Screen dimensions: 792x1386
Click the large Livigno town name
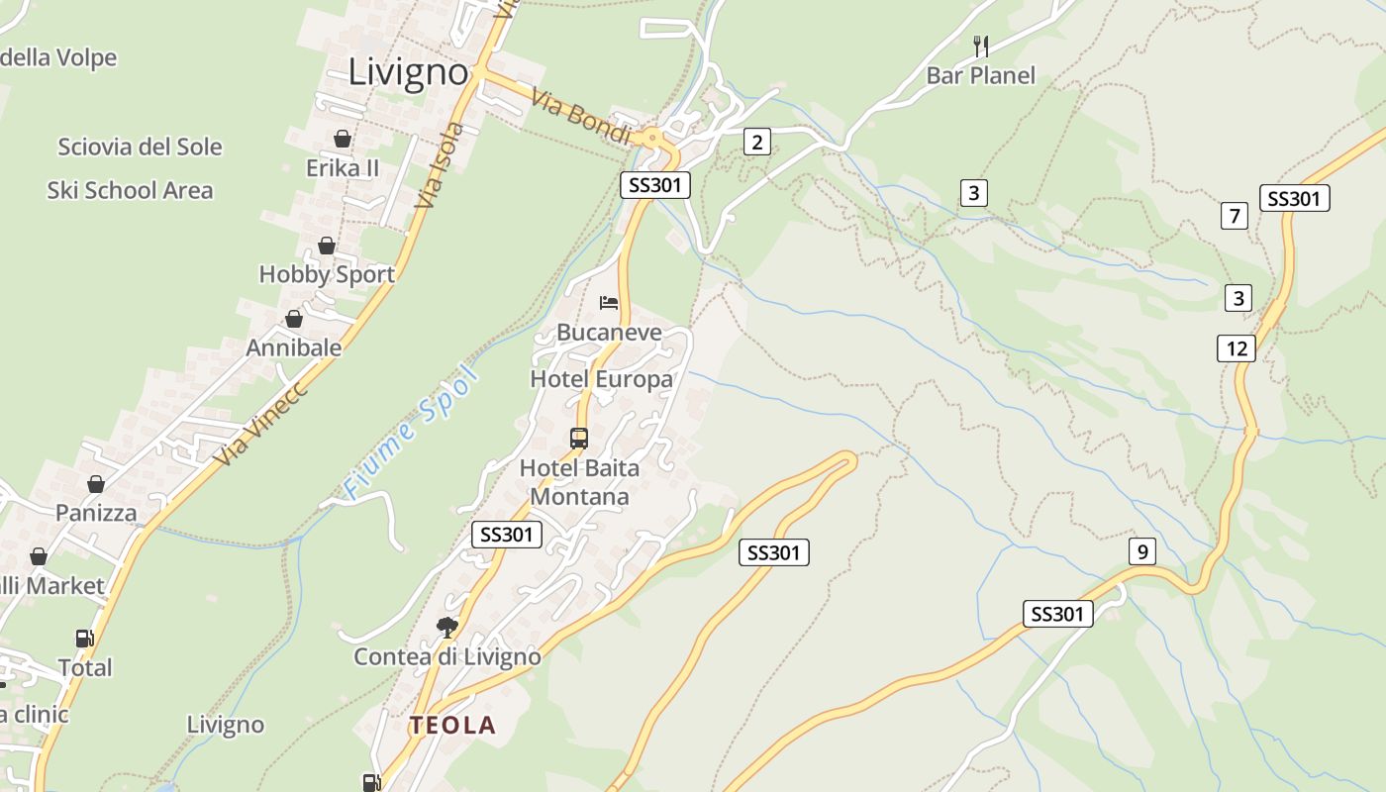408,71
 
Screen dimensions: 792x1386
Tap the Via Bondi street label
580,117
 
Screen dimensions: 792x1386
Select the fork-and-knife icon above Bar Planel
980,45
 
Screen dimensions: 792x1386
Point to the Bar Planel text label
980,75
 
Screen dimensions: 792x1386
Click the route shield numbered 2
757,142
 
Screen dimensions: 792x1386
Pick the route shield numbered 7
1234,216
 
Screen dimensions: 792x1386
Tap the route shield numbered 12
1237,348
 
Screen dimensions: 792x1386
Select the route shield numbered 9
1141,551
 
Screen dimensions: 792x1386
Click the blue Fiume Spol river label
410,433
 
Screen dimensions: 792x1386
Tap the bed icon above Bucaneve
608,302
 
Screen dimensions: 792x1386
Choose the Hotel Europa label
601,379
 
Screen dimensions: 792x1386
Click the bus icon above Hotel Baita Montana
579,438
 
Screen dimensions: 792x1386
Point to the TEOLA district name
452,725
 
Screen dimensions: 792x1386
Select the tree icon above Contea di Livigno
447,627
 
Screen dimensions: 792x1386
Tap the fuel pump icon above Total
84,639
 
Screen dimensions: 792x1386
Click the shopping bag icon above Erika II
342,138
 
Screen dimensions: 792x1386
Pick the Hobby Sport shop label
327,274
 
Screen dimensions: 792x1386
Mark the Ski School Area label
130,190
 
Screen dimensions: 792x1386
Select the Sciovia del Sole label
140,148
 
